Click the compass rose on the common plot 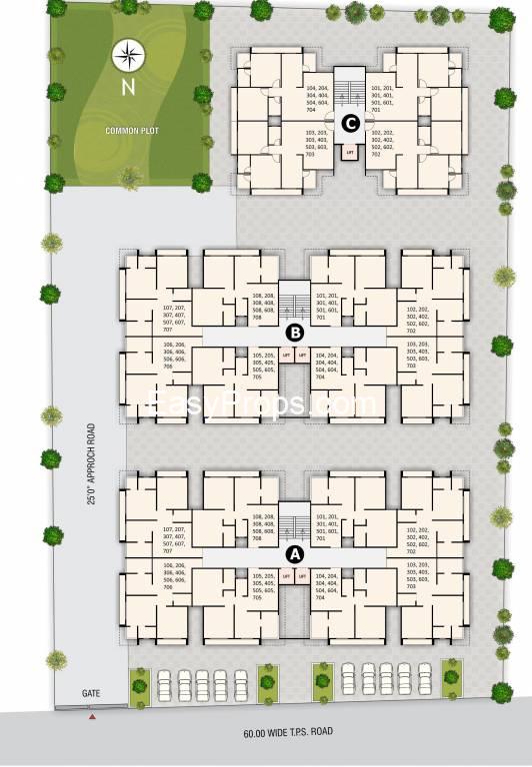click(127, 56)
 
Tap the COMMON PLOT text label click(128, 131)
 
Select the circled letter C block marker click(350, 124)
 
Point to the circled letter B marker click(295, 332)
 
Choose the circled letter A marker click(295, 552)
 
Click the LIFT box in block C click(350, 153)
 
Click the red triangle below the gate click(92, 716)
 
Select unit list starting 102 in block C click(383, 144)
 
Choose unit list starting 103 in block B click(417, 355)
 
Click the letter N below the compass click(127, 87)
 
